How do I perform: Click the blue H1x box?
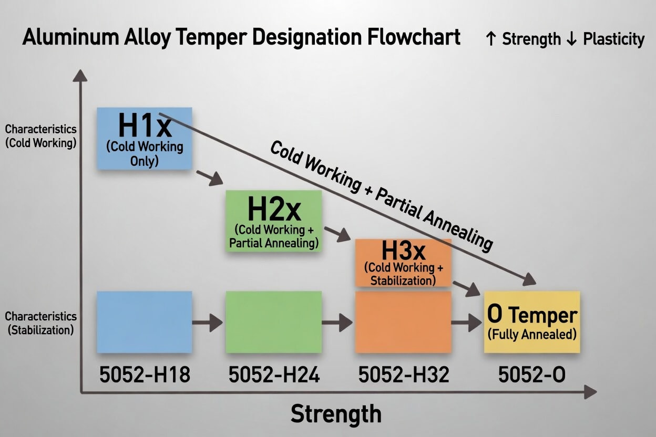[145, 139]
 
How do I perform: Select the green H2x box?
[273, 221]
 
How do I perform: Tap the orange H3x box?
[403, 263]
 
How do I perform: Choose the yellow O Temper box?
[532, 322]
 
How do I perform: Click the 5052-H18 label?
[145, 374]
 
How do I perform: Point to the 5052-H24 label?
[274, 374]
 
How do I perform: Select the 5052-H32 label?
[404, 374]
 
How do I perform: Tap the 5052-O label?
[532, 374]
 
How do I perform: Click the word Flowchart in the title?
[414, 37]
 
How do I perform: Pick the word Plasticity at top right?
[614, 39]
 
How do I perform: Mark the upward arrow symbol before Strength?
[491, 39]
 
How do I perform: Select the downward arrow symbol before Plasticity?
[571, 39]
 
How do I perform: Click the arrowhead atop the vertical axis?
[80, 76]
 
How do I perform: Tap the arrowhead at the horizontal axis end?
[590, 392]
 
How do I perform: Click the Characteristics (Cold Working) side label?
[40, 136]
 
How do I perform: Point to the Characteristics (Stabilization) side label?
[40, 323]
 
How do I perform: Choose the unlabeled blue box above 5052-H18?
[145, 322]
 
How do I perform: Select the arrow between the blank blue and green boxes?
[207, 322]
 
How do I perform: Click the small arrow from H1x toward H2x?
[210, 178]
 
